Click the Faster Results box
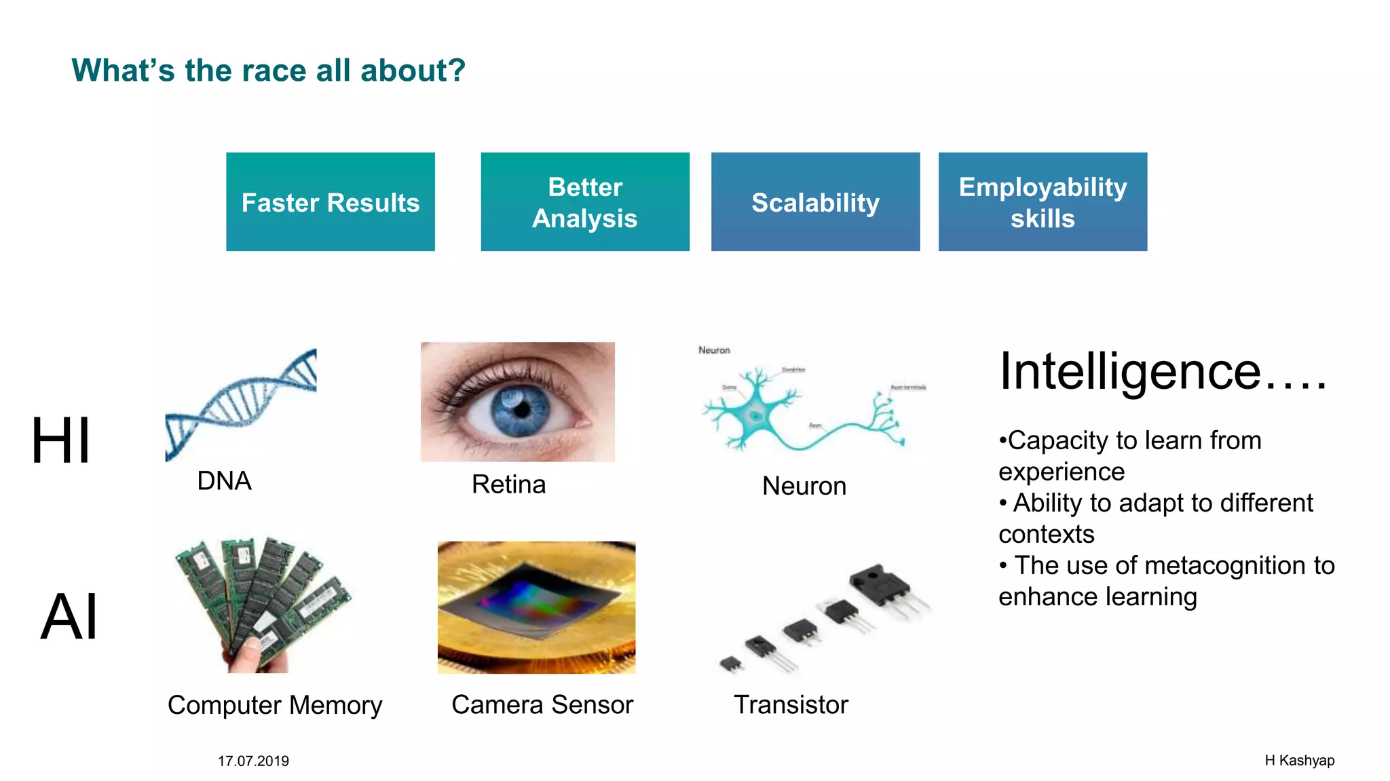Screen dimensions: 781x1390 pos(331,202)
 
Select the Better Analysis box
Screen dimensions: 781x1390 pos(584,202)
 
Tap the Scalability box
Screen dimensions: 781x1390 pos(815,202)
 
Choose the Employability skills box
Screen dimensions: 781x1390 pos(1042,202)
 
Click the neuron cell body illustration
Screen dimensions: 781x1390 pos(755,414)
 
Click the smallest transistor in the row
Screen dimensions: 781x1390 pos(731,664)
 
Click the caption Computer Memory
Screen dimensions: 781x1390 pos(275,705)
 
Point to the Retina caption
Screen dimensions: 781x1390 pos(508,484)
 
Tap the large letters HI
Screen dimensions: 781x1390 pos(61,441)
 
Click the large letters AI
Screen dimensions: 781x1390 pos(69,617)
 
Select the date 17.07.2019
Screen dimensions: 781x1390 pos(253,761)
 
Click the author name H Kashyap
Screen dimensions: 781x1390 pos(1299,761)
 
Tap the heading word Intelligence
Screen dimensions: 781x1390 pos(1129,372)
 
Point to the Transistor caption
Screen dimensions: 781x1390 pos(791,705)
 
